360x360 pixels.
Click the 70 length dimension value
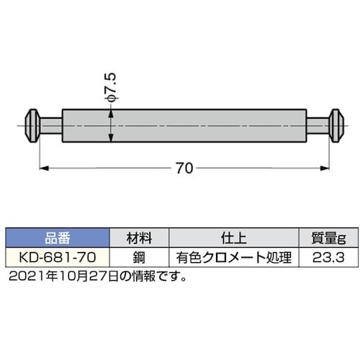(x=184, y=168)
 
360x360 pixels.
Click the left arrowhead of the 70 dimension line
(x=43, y=168)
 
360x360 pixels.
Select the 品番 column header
(x=57, y=238)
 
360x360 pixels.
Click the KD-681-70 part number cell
(x=57, y=257)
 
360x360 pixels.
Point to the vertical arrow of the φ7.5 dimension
(x=110, y=126)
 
